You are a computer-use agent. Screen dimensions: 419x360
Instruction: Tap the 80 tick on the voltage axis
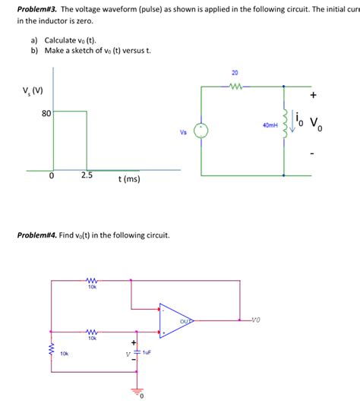click(x=46, y=114)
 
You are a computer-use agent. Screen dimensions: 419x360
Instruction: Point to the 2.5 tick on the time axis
click(x=87, y=175)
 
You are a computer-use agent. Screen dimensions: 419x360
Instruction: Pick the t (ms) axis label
click(x=129, y=180)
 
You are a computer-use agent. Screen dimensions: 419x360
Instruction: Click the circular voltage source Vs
click(x=201, y=131)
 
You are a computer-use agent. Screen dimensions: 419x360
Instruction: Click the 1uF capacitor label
click(x=147, y=353)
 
